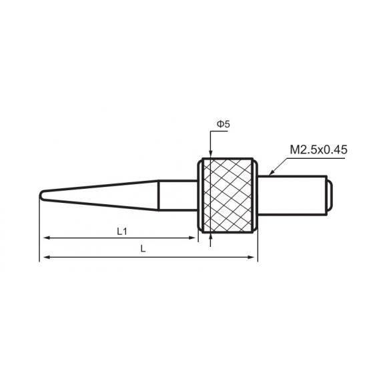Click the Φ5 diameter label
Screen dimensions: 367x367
click(224, 124)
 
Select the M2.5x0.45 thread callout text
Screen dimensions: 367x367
click(318, 149)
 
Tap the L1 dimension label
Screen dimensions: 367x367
click(122, 232)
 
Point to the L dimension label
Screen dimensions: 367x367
click(143, 249)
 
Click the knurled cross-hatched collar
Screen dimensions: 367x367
click(228, 196)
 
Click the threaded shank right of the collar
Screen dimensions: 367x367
click(292, 195)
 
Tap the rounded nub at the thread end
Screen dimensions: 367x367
click(330, 195)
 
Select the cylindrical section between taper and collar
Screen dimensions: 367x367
click(178, 196)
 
